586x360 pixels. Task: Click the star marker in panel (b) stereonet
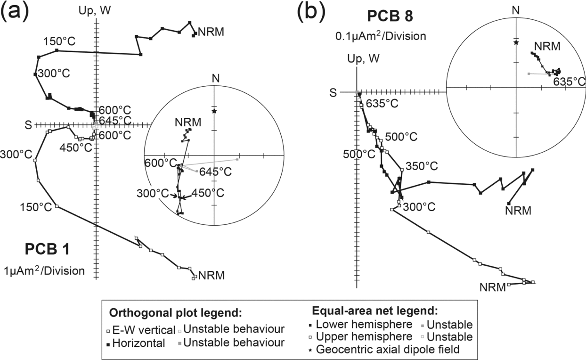pos(516,42)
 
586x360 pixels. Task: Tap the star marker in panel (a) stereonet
pos(214,111)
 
